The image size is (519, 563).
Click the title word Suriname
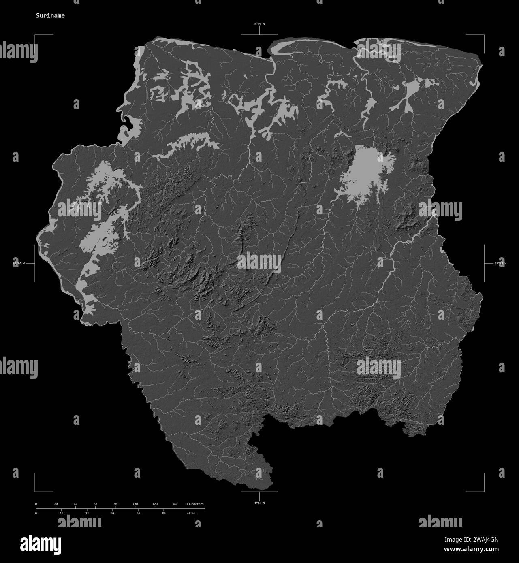click(49, 16)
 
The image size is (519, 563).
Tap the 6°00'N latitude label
click(259, 24)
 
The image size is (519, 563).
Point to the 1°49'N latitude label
click(259, 503)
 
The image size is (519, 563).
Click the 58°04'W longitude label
click(19, 263)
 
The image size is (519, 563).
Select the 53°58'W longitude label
click(500, 263)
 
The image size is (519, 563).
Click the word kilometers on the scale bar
click(195, 504)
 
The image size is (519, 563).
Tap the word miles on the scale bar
click(190, 513)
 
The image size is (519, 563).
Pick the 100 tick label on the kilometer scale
click(135, 504)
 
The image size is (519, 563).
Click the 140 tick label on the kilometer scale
click(175, 504)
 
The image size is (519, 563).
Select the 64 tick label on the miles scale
click(138, 513)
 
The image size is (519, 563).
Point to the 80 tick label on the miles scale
click(164, 513)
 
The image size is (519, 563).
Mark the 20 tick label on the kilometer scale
click(56, 504)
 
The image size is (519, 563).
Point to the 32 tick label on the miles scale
click(87, 513)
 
